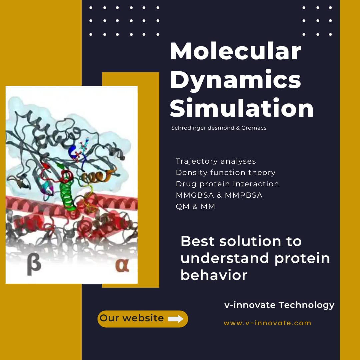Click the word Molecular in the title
[236, 51]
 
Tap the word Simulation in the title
[242, 108]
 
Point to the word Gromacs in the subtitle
[254, 128]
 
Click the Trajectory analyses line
[216, 161]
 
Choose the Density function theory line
[225, 172]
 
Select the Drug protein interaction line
[227, 184]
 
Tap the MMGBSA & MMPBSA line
[219, 195]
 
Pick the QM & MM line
[195, 206]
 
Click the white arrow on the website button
[176, 319]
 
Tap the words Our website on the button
[132, 318]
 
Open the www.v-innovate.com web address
[267, 323]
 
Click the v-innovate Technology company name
[279, 305]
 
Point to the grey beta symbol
[34, 264]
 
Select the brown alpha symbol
[122, 265]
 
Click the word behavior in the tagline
[214, 275]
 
